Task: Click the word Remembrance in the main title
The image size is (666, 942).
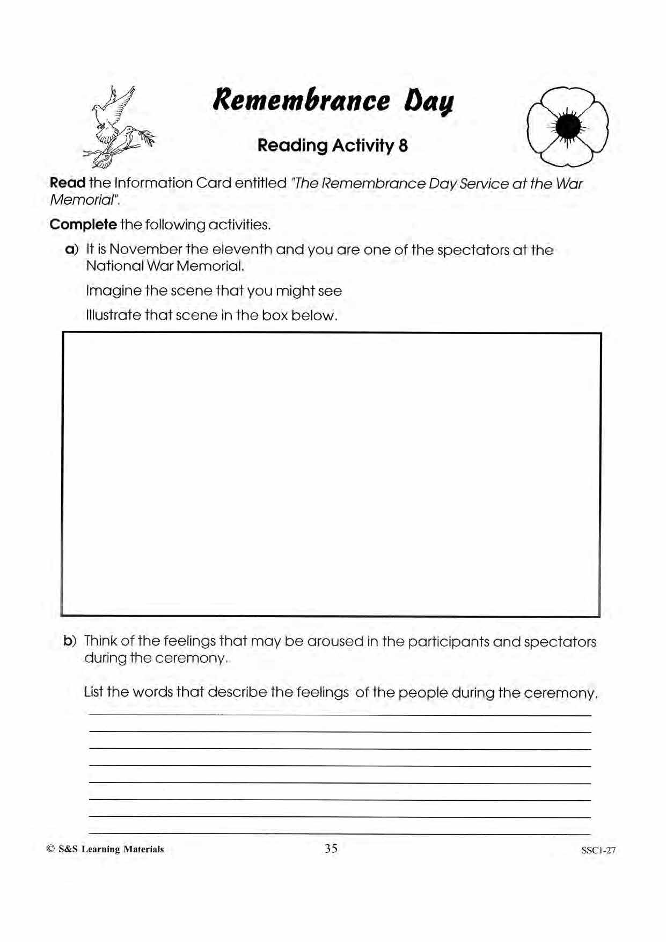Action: pyautogui.click(x=301, y=100)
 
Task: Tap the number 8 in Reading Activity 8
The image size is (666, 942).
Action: pyautogui.click(x=403, y=146)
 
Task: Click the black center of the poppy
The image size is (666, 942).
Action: pyautogui.click(x=568, y=126)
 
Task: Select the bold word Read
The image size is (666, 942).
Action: pyautogui.click(x=67, y=183)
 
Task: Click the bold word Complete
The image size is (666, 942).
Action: pyautogui.click(x=83, y=224)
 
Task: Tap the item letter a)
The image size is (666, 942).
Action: pyautogui.click(x=71, y=250)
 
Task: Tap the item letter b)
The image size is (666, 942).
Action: pyautogui.click(x=70, y=641)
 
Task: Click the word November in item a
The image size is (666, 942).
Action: pyautogui.click(x=145, y=250)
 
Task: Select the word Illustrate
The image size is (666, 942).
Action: pyautogui.click(x=113, y=315)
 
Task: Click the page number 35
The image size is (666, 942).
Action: pyautogui.click(x=331, y=849)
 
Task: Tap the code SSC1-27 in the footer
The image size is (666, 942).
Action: pyautogui.click(x=598, y=850)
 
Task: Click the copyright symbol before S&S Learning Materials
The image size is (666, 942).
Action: pyautogui.click(x=50, y=849)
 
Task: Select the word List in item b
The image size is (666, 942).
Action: pyautogui.click(x=93, y=692)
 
